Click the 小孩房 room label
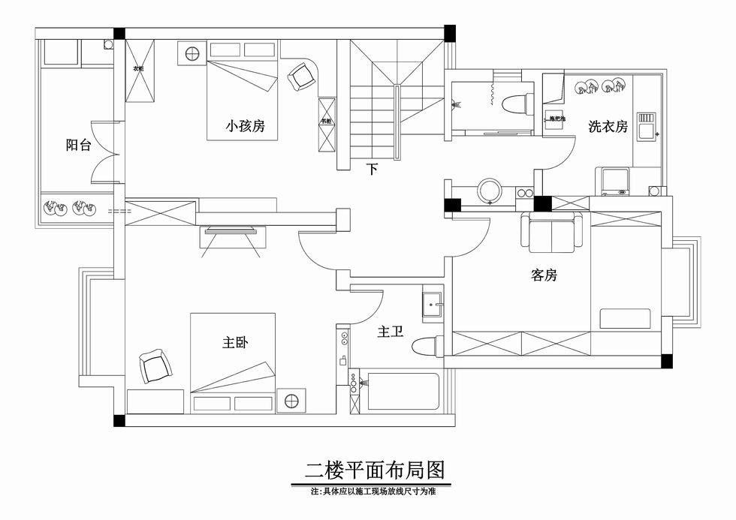[x=246, y=126]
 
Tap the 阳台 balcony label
[x=78, y=146]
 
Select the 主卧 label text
[x=235, y=343]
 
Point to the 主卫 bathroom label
[x=391, y=331]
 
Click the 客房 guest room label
[x=544, y=275]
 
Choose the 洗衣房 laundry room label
[x=608, y=127]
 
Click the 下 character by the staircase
[x=372, y=169]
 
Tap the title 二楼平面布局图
[x=375, y=470]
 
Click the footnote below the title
[x=374, y=492]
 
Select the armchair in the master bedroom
[x=155, y=366]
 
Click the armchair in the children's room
[x=301, y=76]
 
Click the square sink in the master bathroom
[x=433, y=304]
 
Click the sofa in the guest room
[x=553, y=233]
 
